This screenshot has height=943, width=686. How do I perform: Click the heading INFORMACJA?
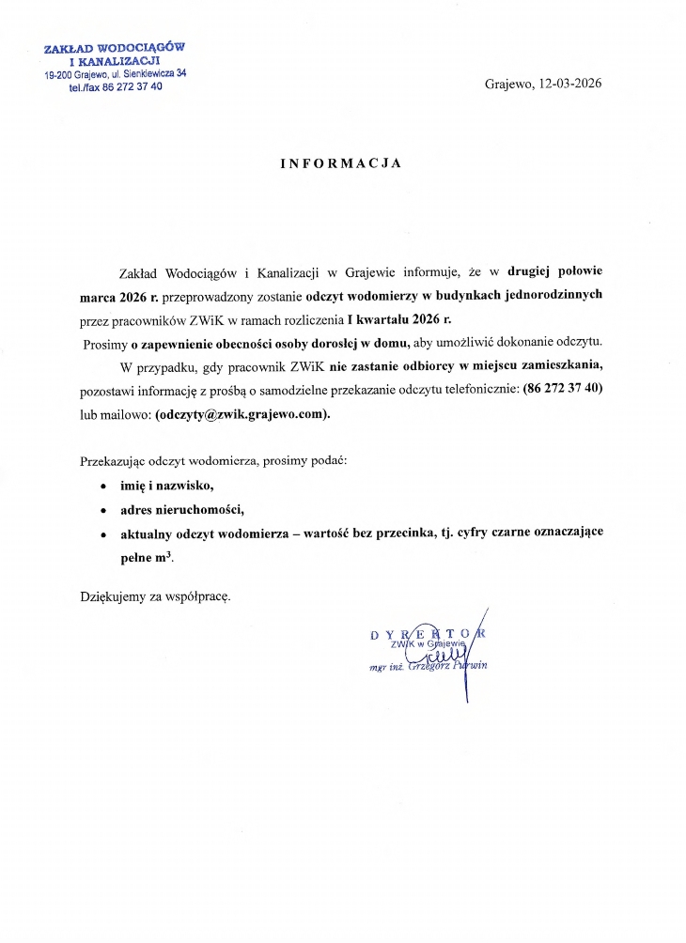(x=341, y=162)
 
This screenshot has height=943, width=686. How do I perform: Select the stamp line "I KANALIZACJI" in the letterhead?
(x=116, y=61)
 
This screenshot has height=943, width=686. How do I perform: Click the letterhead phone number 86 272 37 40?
(x=127, y=85)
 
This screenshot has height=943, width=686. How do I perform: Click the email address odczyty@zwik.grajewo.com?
(x=243, y=413)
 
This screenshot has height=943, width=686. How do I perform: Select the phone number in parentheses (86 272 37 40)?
(x=561, y=389)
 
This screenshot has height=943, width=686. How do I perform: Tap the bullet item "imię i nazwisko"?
(x=167, y=486)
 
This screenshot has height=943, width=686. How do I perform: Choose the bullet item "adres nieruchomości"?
(x=181, y=509)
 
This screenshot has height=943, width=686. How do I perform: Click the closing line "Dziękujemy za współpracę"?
(x=155, y=595)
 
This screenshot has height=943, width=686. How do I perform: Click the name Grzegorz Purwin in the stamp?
(x=447, y=667)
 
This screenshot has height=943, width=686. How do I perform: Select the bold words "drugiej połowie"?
(x=555, y=271)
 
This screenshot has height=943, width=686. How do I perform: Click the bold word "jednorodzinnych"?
(x=547, y=294)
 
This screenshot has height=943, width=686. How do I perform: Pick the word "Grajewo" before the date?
(x=508, y=83)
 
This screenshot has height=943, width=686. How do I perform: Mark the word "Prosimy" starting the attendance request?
(x=105, y=342)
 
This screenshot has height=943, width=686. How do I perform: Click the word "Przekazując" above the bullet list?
(x=115, y=461)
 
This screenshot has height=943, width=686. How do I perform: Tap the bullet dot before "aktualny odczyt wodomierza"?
(x=102, y=533)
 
